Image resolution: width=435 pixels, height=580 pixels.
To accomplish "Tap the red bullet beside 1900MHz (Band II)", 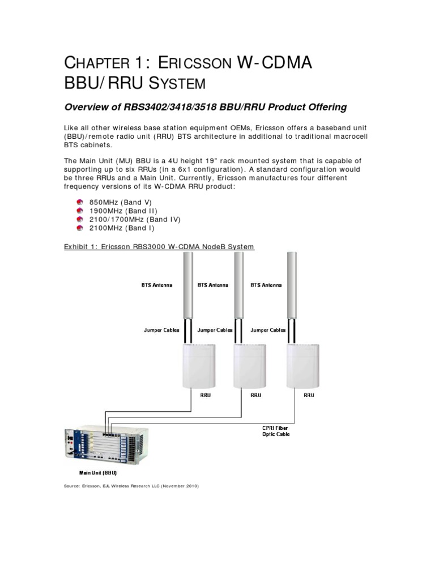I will pyautogui.click(x=80, y=211).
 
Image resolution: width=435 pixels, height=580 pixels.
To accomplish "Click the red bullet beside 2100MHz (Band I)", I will pyautogui.click(x=80, y=228).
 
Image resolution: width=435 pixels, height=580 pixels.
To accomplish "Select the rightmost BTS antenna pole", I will pyautogui.click(x=292, y=295).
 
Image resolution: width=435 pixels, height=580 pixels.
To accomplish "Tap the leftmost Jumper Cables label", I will pyautogui.click(x=161, y=330).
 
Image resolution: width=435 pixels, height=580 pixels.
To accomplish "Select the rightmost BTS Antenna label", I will pyautogui.click(x=266, y=285).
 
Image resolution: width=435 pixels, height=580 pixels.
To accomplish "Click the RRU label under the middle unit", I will pyautogui.click(x=255, y=395).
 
